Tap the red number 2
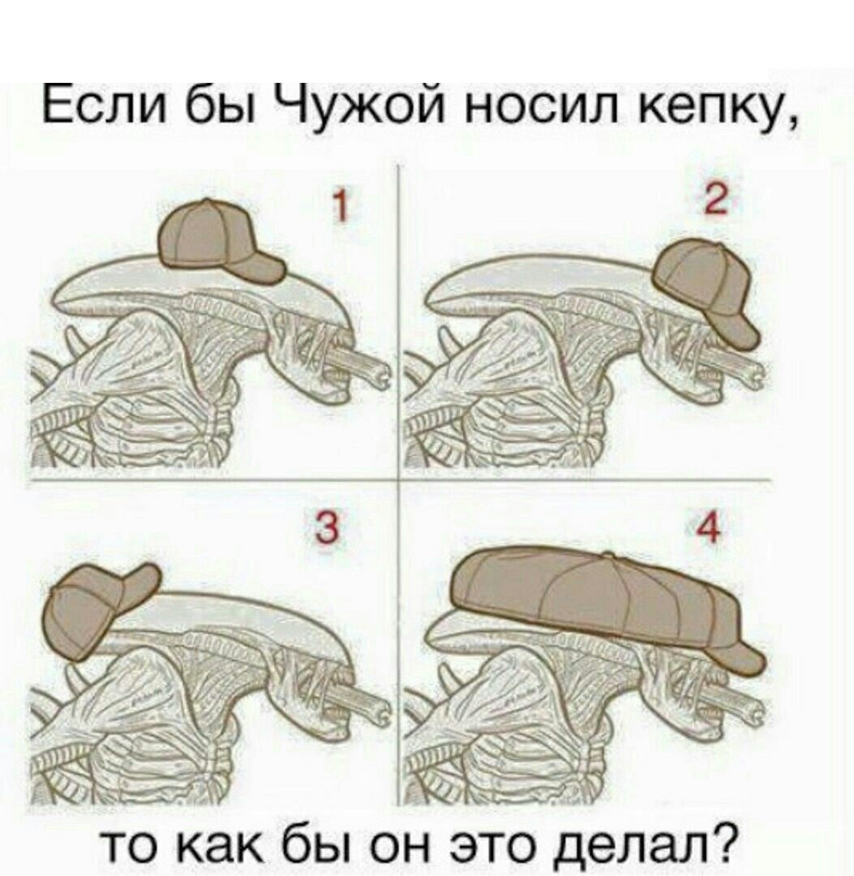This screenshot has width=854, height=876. [715, 199]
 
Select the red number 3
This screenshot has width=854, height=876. [328, 529]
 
